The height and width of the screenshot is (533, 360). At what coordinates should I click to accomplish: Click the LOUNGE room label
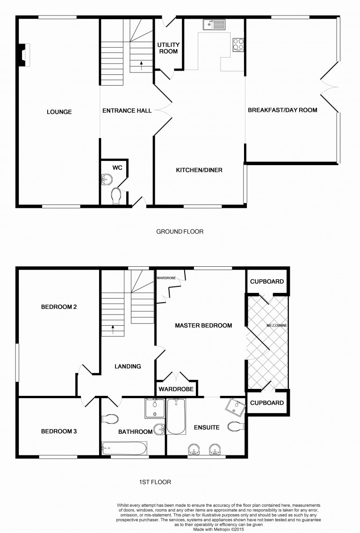[59, 112]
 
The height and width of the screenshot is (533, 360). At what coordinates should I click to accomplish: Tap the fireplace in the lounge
[24, 55]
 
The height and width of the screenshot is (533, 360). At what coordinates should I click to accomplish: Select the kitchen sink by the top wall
[214, 24]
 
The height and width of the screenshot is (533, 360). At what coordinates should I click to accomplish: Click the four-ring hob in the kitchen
[238, 44]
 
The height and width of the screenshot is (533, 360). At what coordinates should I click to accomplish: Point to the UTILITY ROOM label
[168, 48]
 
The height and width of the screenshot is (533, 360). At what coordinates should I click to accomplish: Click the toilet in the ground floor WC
[116, 196]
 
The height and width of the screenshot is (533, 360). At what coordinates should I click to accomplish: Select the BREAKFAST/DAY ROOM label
[282, 110]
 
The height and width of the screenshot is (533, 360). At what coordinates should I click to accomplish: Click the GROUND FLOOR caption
[180, 232]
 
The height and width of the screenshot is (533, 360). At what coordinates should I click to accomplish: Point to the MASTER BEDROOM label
[203, 325]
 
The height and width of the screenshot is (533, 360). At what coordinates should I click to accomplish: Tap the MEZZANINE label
[277, 325]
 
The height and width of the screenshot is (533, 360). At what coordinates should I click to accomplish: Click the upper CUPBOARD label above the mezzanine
[267, 281]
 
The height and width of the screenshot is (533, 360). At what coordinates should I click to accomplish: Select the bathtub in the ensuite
[176, 416]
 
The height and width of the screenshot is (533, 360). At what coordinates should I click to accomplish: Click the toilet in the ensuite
[237, 426]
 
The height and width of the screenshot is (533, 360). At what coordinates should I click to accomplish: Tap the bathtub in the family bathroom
[124, 448]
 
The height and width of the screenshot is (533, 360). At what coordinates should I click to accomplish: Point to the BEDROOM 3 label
[59, 431]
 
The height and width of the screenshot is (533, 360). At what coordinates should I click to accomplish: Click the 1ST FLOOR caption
[155, 482]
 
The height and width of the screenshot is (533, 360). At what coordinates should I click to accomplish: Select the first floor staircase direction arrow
[113, 329]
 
